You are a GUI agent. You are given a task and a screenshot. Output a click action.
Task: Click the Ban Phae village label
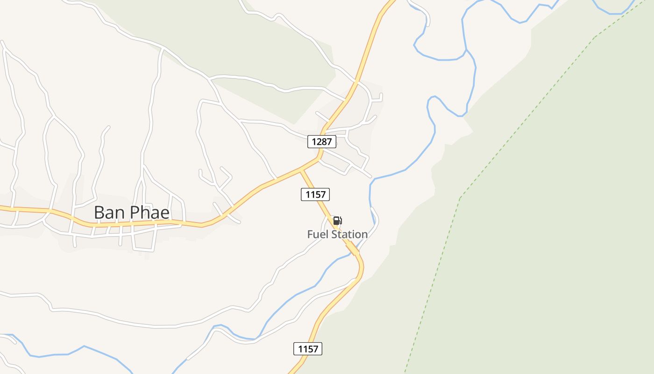point(132,212)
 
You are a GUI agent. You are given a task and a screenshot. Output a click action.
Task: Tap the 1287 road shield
point(322,142)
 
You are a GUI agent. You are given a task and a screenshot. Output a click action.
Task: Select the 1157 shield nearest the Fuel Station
point(315,194)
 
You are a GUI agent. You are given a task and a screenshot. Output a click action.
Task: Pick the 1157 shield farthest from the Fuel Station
point(308,349)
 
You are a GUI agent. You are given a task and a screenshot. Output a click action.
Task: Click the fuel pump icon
point(337,221)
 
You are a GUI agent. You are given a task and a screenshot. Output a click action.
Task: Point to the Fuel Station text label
point(337,234)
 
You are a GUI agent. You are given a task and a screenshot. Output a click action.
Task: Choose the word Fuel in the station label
point(318,234)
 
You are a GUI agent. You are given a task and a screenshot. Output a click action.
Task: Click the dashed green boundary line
point(460,199)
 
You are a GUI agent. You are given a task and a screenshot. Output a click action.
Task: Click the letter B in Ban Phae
point(99,213)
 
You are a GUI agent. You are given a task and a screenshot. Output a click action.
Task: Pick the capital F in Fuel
point(310,234)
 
